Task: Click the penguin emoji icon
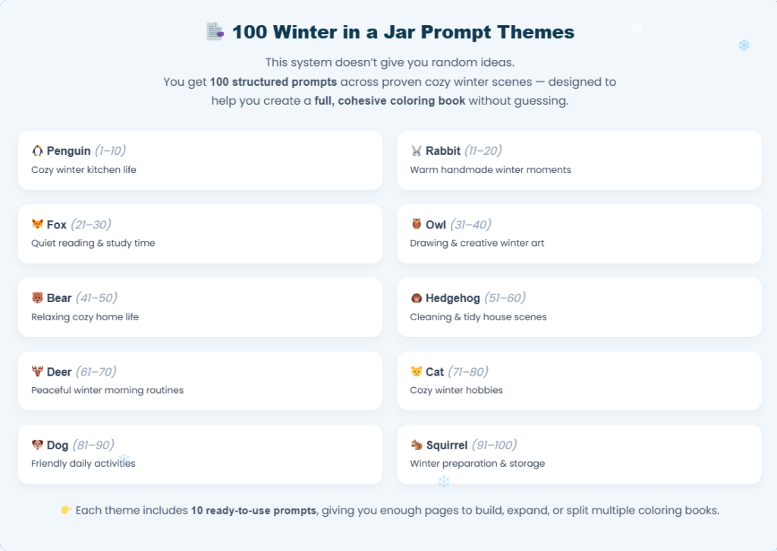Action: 37,151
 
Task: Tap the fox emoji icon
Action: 37,225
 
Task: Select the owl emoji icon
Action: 416,225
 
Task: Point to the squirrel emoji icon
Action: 416,446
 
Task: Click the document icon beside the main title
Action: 215,32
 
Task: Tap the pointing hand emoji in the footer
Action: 66,511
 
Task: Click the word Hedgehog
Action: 452,298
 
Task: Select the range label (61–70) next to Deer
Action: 96,372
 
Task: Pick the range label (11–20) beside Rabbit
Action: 483,151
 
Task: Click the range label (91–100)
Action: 494,446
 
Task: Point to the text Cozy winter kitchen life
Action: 83,170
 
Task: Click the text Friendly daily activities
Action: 83,464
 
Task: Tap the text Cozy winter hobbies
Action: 456,390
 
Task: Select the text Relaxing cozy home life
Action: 85,316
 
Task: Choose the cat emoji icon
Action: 416,372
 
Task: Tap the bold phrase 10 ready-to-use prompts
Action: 253,511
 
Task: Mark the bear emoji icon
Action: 37,298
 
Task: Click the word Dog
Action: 58,446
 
